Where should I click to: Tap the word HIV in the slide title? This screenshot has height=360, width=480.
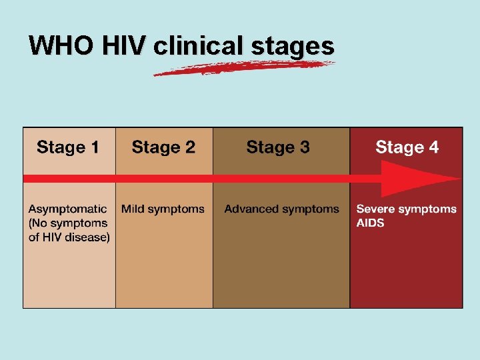click(123, 45)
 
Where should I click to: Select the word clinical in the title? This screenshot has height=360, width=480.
click(198, 45)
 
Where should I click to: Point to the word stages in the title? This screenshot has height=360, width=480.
click(293, 45)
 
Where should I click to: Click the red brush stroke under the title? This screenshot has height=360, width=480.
click(243, 67)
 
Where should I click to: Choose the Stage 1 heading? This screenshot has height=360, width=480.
click(68, 147)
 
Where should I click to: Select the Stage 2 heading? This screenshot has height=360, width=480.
click(163, 147)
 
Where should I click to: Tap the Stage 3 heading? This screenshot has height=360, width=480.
click(278, 147)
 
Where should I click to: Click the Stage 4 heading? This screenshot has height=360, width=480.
click(407, 147)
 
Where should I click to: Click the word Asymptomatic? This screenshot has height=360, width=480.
click(67, 209)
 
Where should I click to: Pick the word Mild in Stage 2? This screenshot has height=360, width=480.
click(133, 209)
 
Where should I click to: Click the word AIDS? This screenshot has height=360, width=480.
click(370, 223)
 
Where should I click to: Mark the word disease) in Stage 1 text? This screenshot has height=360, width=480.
click(89, 237)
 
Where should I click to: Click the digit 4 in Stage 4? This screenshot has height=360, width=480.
click(434, 147)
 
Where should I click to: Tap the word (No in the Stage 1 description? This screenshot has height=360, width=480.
click(38, 223)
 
